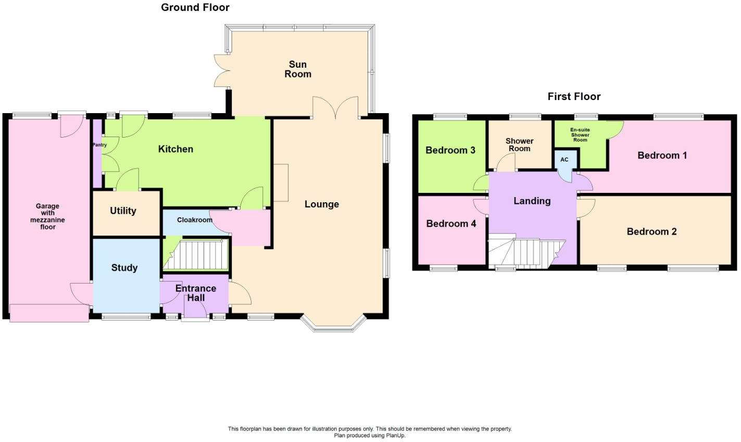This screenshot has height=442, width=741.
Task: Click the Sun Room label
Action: pos(298,69)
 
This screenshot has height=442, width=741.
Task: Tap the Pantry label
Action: pos(99,145)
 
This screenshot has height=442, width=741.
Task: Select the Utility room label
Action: pos(123,211)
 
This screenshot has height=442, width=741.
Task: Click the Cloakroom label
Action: pos(194,220)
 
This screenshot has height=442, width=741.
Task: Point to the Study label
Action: pos(124,268)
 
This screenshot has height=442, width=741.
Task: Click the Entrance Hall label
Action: pos(195,293)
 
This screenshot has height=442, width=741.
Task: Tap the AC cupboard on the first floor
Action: pos(564,160)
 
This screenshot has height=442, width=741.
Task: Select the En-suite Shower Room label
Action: pos(580,135)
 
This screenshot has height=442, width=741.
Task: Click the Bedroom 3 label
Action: pos(450,151)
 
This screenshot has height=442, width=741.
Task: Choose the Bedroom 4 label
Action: pos(451,224)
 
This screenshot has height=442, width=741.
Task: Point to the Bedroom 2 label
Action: pos(651,232)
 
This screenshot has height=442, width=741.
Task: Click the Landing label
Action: pos(532,201)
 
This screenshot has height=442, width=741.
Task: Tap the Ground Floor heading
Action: pos(195,7)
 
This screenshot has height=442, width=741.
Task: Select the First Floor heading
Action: pos(574,96)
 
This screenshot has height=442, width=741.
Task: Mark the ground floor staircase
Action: pos(200,255)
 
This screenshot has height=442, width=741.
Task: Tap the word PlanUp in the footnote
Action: pos(394,436)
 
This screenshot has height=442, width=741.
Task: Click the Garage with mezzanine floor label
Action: pos(47,216)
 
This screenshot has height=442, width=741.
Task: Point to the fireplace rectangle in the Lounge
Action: pos(281,182)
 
